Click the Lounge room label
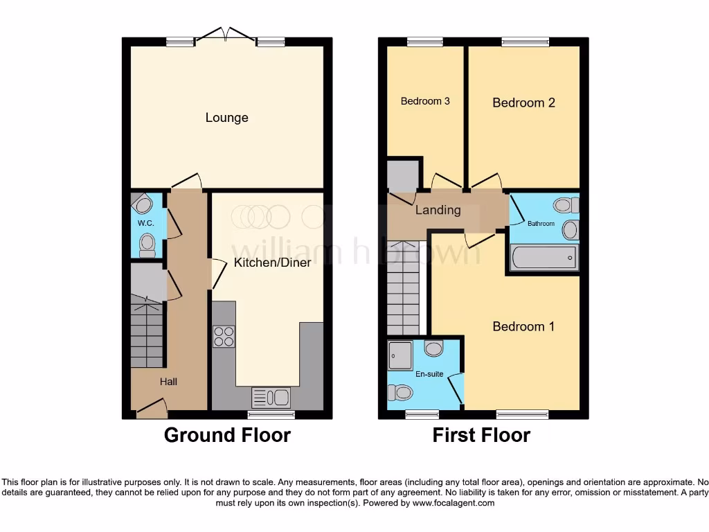226,118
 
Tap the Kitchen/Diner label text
272,263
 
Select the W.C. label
145,223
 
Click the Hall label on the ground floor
168,381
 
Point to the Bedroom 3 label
425,101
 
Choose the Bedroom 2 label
523,103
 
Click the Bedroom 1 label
523,326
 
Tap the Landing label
438,210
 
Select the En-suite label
430,374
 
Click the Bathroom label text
541,224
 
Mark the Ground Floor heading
227,435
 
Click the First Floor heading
481,435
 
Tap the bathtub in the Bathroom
543,258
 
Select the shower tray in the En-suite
401,355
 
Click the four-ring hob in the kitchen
224,336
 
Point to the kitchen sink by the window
271,398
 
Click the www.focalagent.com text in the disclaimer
453,503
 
